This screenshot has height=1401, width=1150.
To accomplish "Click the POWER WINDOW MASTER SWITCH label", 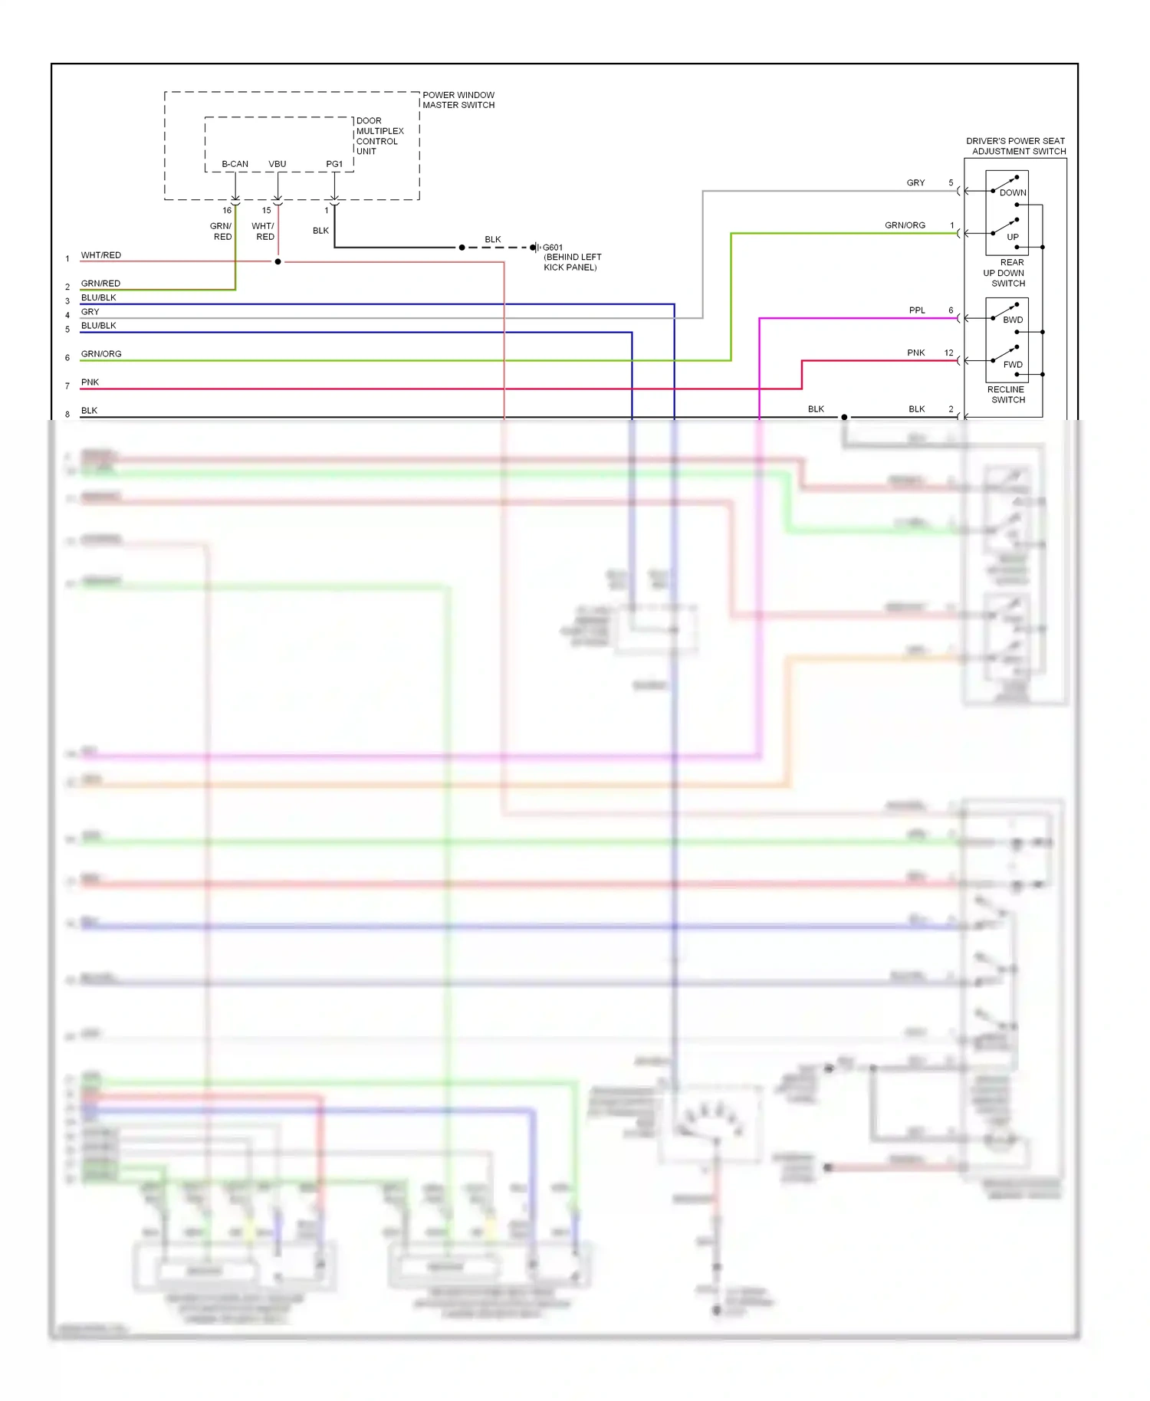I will click(x=458, y=100).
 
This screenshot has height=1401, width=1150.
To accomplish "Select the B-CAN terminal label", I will click(x=235, y=164).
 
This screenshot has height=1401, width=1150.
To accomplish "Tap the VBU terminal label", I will click(x=277, y=164).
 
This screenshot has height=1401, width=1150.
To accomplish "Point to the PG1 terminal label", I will click(x=334, y=164).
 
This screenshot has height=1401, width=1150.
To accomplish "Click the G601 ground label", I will click(x=553, y=248).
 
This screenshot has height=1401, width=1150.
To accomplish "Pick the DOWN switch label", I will click(x=1012, y=193).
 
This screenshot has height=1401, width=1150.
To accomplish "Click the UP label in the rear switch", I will click(x=1012, y=238).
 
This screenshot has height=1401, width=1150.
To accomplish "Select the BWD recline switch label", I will click(x=1012, y=320).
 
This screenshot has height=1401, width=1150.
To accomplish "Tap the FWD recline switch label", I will click(x=1012, y=365).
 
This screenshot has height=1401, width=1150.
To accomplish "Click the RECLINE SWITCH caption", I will click(x=1007, y=395).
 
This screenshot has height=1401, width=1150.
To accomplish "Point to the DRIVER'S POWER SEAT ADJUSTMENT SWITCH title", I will click(x=1016, y=146).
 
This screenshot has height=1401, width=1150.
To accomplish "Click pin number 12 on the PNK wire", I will click(x=949, y=353).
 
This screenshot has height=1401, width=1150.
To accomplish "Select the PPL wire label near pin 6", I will click(x=917, y=310).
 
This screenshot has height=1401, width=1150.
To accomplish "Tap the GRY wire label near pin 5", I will click(x=915, y=183).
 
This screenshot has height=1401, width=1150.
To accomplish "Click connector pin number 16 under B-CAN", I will click(x=227, y=210).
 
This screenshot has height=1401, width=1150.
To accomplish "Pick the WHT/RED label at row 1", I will click(x=101, y=255).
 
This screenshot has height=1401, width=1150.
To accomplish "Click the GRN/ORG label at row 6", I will click(x=101, y=354).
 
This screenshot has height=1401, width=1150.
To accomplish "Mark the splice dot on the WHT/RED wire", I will click(x=278, y=262).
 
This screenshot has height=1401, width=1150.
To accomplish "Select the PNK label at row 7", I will click(x=90, y=382).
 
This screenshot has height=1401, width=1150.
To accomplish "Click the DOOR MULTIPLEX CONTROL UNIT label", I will click(x=379, y=136).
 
